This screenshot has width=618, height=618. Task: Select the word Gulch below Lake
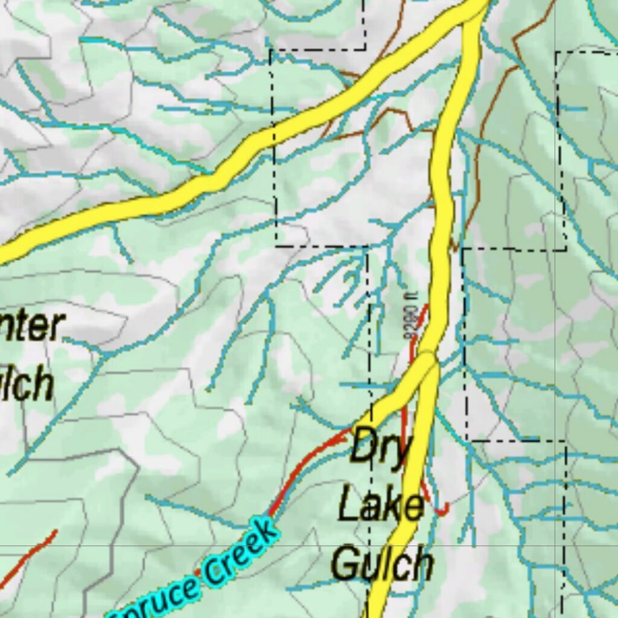[382, 564]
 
